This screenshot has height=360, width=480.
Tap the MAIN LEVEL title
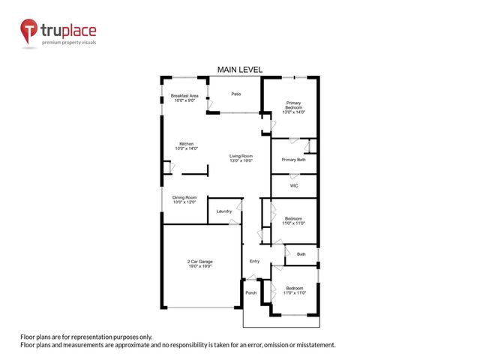(x=239, y=69)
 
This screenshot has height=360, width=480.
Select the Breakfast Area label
(x=184, y=96)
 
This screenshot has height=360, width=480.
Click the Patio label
(x=235, y=94)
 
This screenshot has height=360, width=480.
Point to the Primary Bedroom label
(x=292, y=104)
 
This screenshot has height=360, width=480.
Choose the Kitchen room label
(x=186, y=143)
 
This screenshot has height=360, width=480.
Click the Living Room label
(x=241, y=155)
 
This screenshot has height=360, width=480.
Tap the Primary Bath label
(x=293, y=160)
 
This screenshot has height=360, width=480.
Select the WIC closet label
(x=295, y=184)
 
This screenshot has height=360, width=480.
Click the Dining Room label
(x=184, y=197)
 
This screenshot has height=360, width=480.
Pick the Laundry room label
(x=223, y=211)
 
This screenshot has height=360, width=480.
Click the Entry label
(x=254, y=261)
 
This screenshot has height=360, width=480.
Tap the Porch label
(x=251, y=292)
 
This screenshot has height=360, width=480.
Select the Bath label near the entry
(x=301, y=254)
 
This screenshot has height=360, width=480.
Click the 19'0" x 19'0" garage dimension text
(x=199, y=267)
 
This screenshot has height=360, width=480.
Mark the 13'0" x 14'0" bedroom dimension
(x=293, y=112)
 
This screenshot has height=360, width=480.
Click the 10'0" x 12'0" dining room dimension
(x=184, y=202)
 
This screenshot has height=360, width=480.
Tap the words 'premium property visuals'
(x=67, y=42)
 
